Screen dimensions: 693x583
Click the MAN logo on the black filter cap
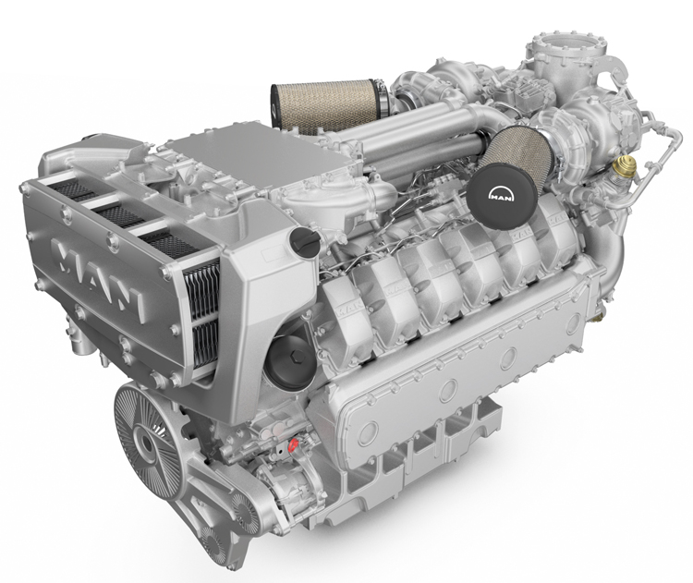[501, 195]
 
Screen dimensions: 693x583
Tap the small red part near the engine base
[292, 445]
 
